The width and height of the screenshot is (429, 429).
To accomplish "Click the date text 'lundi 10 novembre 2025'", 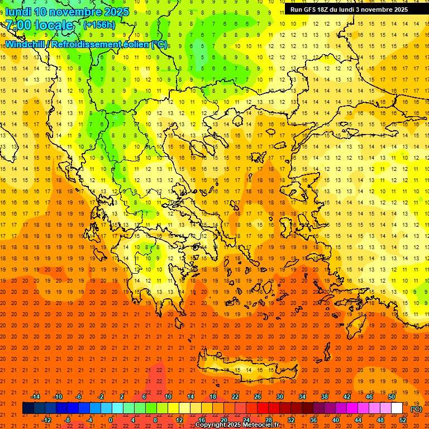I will [x=67, y=12].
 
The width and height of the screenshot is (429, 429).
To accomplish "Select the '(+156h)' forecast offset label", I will [x=99, y=25].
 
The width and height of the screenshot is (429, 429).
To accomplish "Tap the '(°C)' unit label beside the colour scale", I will [x=416, y=409].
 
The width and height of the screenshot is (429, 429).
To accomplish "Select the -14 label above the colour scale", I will [x=35, y=397].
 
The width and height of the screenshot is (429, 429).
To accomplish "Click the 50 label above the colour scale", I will [x=391, y=397].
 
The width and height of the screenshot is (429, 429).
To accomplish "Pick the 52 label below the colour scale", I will [x=402, y=420].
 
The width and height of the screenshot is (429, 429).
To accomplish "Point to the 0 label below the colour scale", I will [x=111, y=420].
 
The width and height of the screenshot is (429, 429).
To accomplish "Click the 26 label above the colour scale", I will [x=258, y=397].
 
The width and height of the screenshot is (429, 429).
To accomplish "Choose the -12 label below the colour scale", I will [x=46, y=420].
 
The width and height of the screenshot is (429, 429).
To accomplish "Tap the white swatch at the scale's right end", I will [x=397, y=408].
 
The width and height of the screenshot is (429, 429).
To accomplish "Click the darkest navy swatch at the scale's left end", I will [x=28, y=408].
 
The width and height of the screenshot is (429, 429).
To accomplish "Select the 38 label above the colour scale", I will [x=324, y=397].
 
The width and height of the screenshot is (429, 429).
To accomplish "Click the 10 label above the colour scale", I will [x=168, y=397].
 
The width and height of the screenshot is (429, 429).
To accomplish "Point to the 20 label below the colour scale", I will [x=223, y=420].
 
